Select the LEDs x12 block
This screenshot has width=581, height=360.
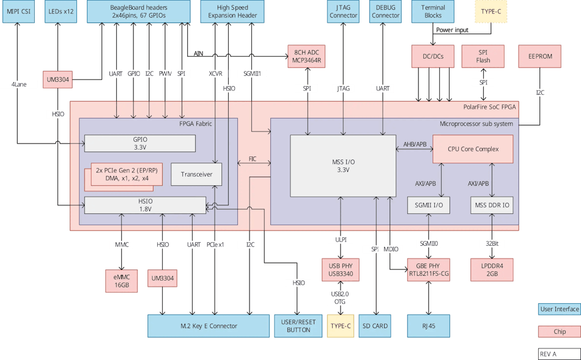[x=61, y=12]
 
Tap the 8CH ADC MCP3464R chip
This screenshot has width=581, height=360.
[x=306, y=56]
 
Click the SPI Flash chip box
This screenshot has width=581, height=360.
[x=483, y=56]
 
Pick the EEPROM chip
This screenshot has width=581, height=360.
[x=539, y=56]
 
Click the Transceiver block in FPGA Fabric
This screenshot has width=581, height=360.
[x=196, y=174]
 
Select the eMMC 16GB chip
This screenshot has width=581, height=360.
[x=122, y=281]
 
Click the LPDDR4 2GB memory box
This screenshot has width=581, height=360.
[x=492, y=270]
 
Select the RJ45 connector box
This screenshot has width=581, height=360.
[x=429, y=326]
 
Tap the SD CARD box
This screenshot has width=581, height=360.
[x=375, y=326]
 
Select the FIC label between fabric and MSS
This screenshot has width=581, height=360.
[x=253, y=159]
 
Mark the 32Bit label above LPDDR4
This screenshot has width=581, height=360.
[x=492, y=243]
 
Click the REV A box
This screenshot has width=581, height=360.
[x=558, y=354]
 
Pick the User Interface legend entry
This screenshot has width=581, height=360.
[x=558, y=309]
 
